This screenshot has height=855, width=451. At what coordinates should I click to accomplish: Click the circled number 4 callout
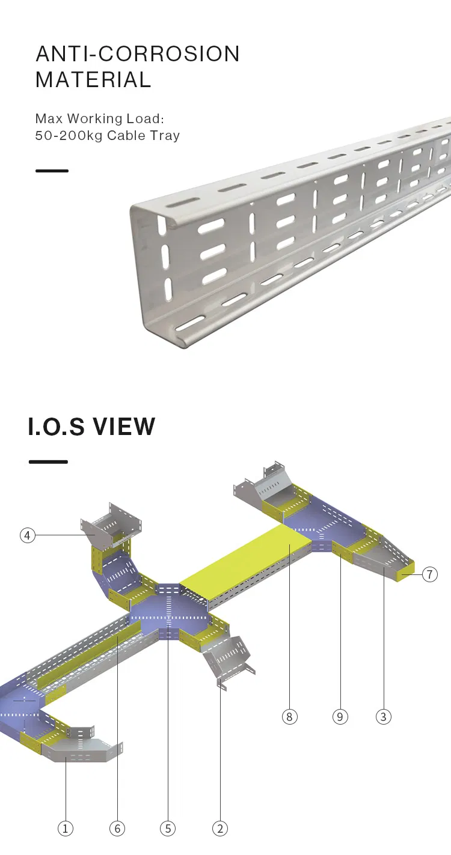pos(27,535)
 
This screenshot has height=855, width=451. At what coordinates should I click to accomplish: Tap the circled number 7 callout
pos(429,574)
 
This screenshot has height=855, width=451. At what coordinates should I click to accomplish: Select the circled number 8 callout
pos(289,717)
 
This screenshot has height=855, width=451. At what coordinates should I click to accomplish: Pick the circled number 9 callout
pos(340,717)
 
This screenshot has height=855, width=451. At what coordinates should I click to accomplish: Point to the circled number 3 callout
pos(384,717)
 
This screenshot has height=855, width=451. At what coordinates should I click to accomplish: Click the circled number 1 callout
pos(66,829)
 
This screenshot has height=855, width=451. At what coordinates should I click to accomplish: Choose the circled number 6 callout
pos(117,829)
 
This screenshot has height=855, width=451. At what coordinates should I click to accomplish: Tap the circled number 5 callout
pos(168,829)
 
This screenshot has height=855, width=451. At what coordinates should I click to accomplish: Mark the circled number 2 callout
pos(220,829)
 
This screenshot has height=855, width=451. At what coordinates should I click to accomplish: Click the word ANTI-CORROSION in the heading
pos(138,53)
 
